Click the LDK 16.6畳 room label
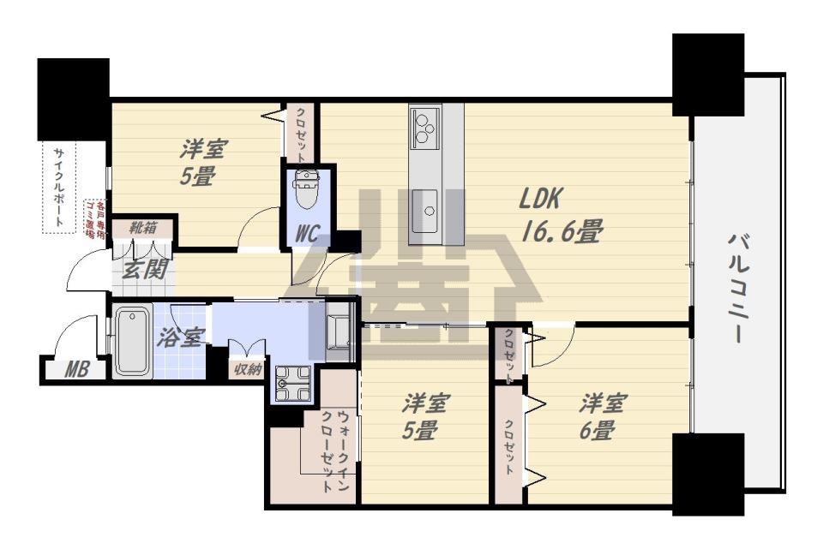(561, 215)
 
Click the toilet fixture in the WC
(307, 188)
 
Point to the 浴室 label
(179, 338)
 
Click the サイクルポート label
(59, 188)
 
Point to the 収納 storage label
(248, 368)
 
